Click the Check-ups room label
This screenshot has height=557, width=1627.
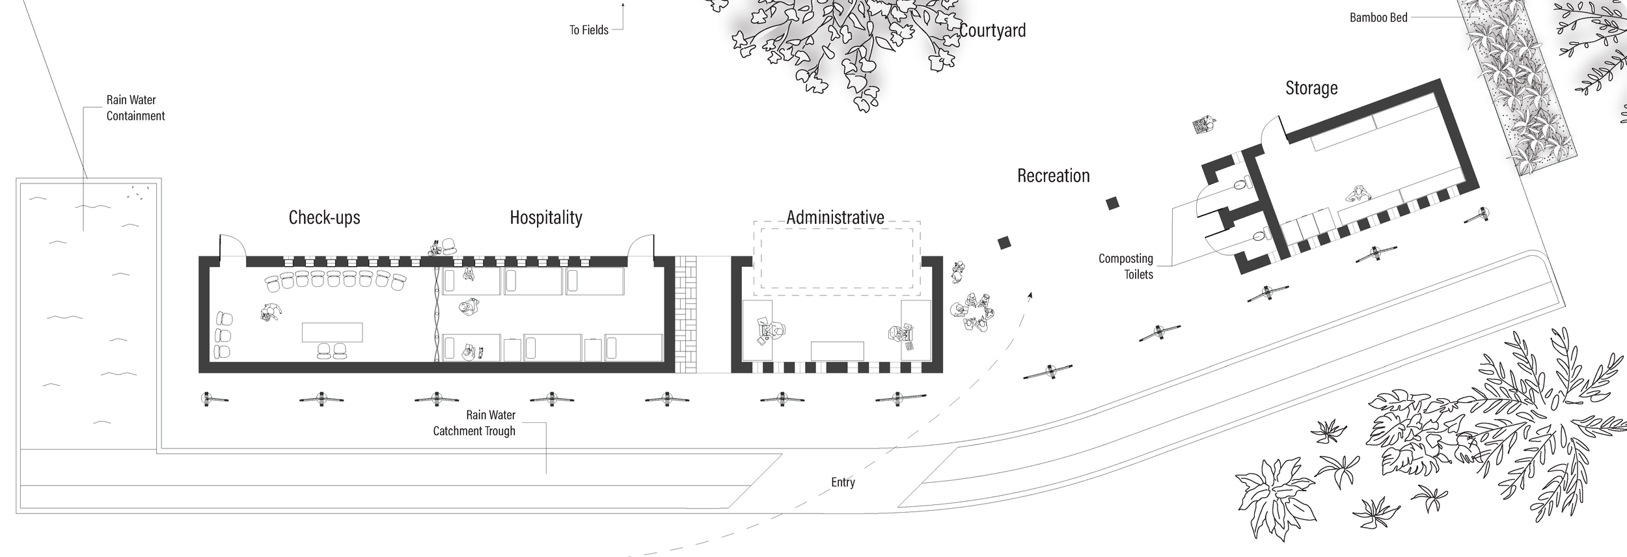324,217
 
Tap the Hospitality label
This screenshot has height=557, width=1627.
545,217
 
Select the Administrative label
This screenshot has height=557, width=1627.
835,217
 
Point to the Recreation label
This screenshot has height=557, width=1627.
1053,176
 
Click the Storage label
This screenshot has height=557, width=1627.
1311,88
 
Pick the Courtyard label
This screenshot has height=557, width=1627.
992,31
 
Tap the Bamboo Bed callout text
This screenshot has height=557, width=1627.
1378,18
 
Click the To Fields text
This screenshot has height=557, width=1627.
588,30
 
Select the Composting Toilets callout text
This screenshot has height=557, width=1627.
1125,266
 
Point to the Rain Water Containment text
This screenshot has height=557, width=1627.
135,108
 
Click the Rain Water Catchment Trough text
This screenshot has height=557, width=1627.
474,423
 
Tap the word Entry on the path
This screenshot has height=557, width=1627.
843,482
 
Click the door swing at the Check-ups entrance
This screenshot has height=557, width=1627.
232,247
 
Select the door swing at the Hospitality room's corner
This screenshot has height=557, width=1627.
640,247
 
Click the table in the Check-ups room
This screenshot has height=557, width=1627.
332,332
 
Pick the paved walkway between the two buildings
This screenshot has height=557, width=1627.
686,314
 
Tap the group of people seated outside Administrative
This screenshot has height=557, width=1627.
974,312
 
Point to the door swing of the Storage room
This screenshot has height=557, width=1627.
1273,133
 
